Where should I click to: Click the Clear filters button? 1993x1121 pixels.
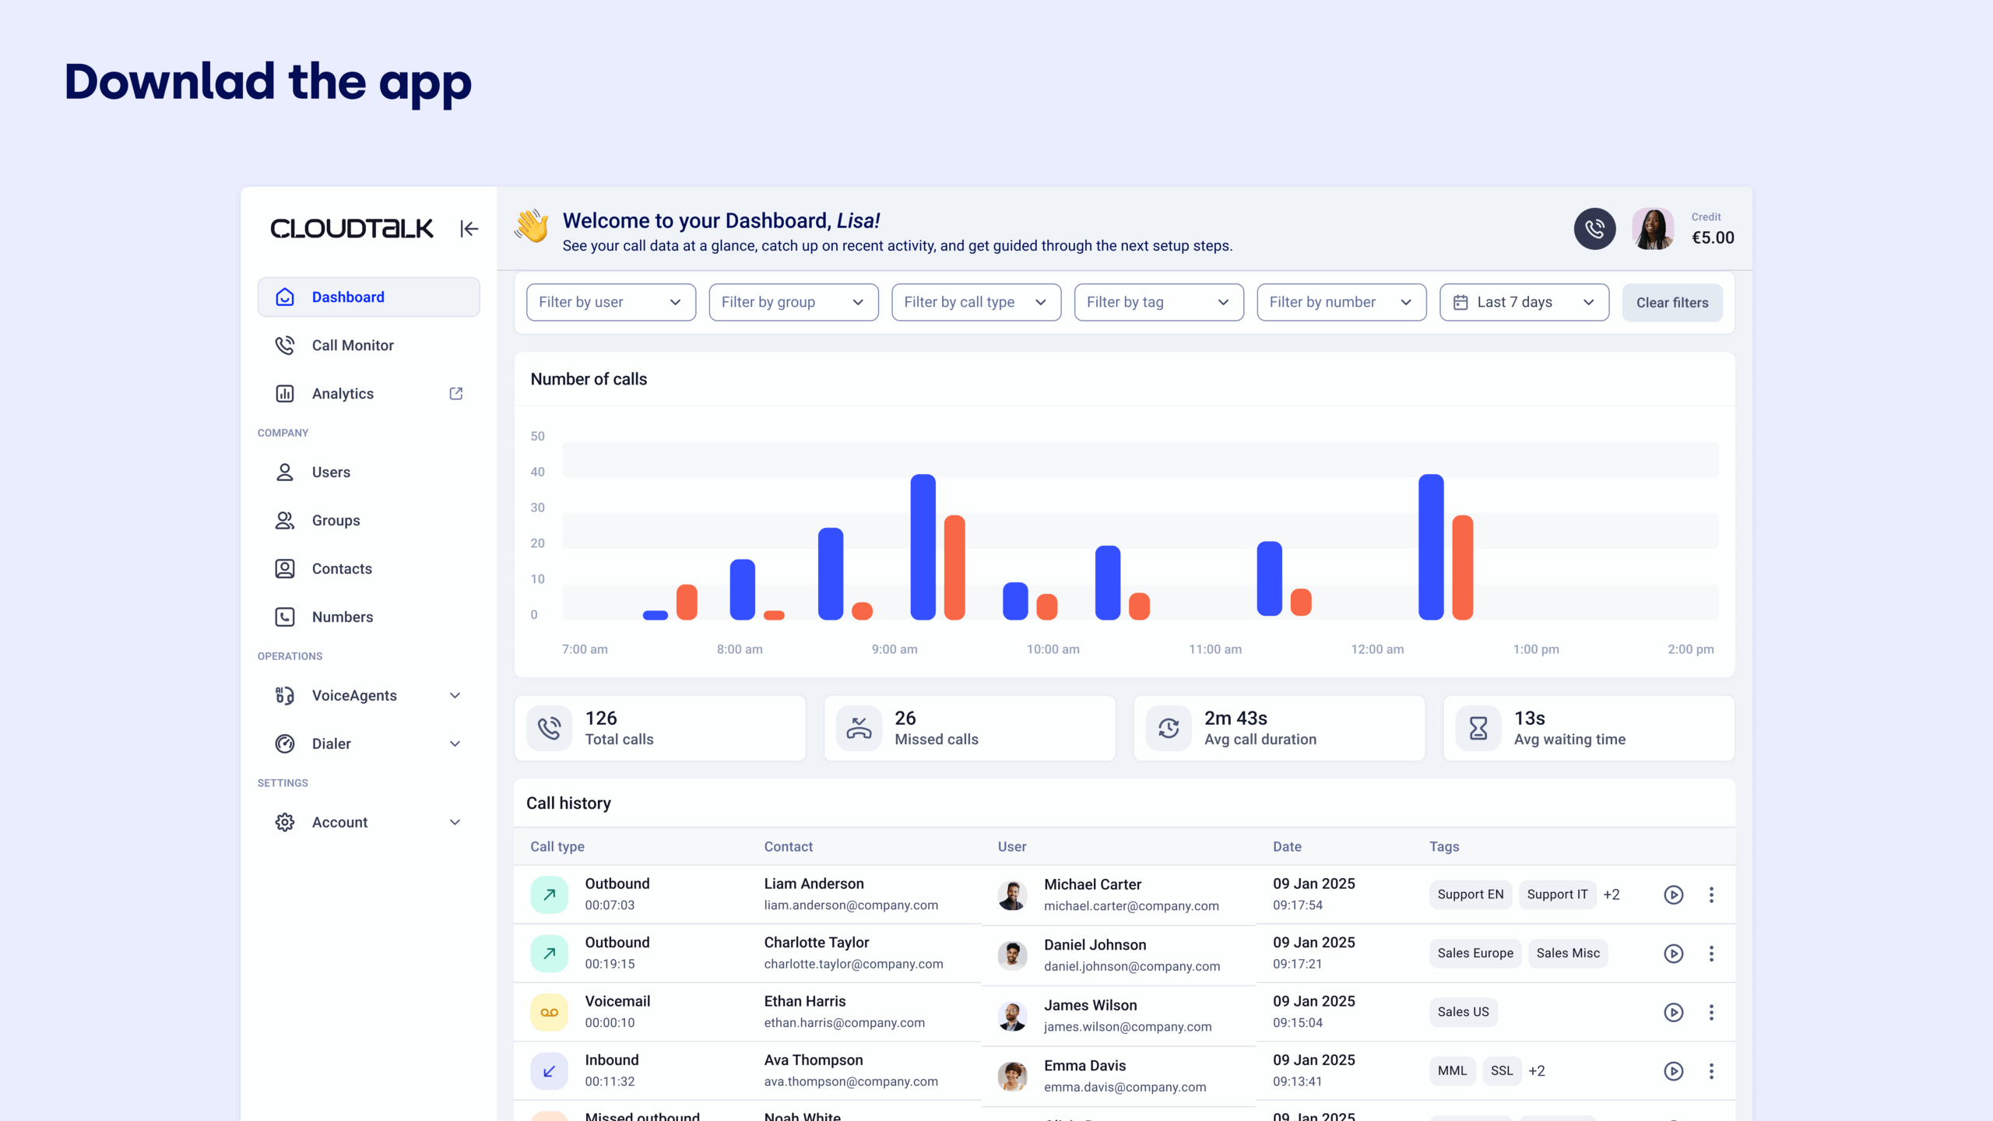tap(1671, 303)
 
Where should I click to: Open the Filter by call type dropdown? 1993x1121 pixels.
tap(975, 302)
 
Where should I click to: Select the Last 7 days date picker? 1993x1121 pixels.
tap(1524, 302)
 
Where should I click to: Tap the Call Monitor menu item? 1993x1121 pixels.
tap(353, 345)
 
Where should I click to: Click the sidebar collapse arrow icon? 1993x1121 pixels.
tap(469, 229)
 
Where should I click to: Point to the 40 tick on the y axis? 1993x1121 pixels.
tap(537, 472)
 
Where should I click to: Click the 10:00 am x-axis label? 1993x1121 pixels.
tap(1053, 649)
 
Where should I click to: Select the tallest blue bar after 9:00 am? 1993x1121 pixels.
tap(923, 546)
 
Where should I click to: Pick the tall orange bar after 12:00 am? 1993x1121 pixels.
tap(1462, 567)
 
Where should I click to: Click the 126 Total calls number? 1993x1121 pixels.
tap(601, 718)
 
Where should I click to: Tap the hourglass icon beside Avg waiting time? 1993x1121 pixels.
tap(1478, 729)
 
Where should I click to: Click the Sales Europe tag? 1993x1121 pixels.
tap(1475, 953)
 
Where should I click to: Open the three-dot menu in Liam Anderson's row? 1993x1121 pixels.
tap(1711, 894)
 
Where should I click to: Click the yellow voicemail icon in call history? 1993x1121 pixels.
tap(549, 1012)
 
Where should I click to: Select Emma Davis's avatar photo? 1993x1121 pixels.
tap(1012, 1076)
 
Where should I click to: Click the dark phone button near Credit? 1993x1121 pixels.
tap(1594, 229)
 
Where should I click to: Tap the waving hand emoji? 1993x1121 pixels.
tap(532, 227)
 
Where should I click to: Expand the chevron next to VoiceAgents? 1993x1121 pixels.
tap(455, 695)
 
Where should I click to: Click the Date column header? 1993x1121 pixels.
tap(1287, 846)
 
